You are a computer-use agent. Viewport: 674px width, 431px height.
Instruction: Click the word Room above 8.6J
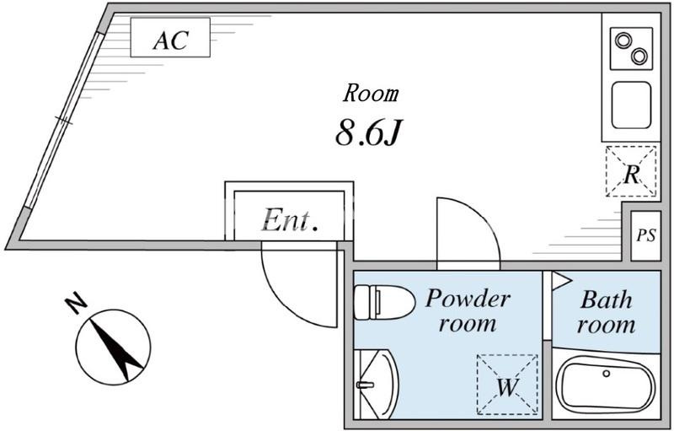point(371,93)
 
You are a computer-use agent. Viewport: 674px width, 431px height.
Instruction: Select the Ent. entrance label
point(289,221)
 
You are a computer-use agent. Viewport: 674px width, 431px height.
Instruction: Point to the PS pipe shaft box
point(645,235)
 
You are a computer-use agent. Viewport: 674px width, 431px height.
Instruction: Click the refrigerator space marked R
point(631,172)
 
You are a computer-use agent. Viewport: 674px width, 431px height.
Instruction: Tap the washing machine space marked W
point(506,385)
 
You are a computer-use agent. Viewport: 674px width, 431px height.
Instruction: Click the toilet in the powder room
point(382,302)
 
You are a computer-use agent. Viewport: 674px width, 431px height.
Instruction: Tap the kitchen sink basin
point(631,105)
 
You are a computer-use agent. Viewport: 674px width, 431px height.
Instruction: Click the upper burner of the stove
point(624,40)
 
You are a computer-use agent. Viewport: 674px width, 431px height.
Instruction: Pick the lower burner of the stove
point(639,57)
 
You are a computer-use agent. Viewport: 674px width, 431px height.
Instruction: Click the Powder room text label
point(467,310)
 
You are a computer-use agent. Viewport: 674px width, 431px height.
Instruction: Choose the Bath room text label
point(607,311)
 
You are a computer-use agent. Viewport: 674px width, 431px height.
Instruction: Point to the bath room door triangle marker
point(561,280)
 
